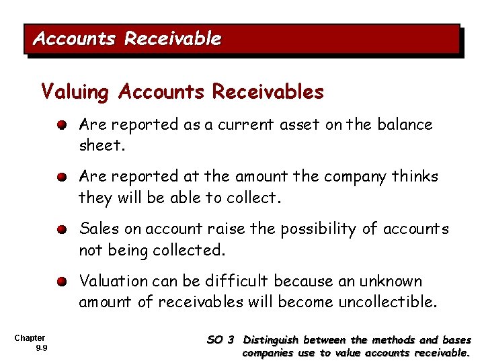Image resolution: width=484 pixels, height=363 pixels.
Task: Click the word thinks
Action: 415,177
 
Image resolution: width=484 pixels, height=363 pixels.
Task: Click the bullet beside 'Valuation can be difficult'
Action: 61,282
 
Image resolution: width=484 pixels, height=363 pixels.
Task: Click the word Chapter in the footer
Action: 30,337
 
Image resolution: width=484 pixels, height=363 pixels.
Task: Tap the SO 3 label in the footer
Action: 220,341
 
